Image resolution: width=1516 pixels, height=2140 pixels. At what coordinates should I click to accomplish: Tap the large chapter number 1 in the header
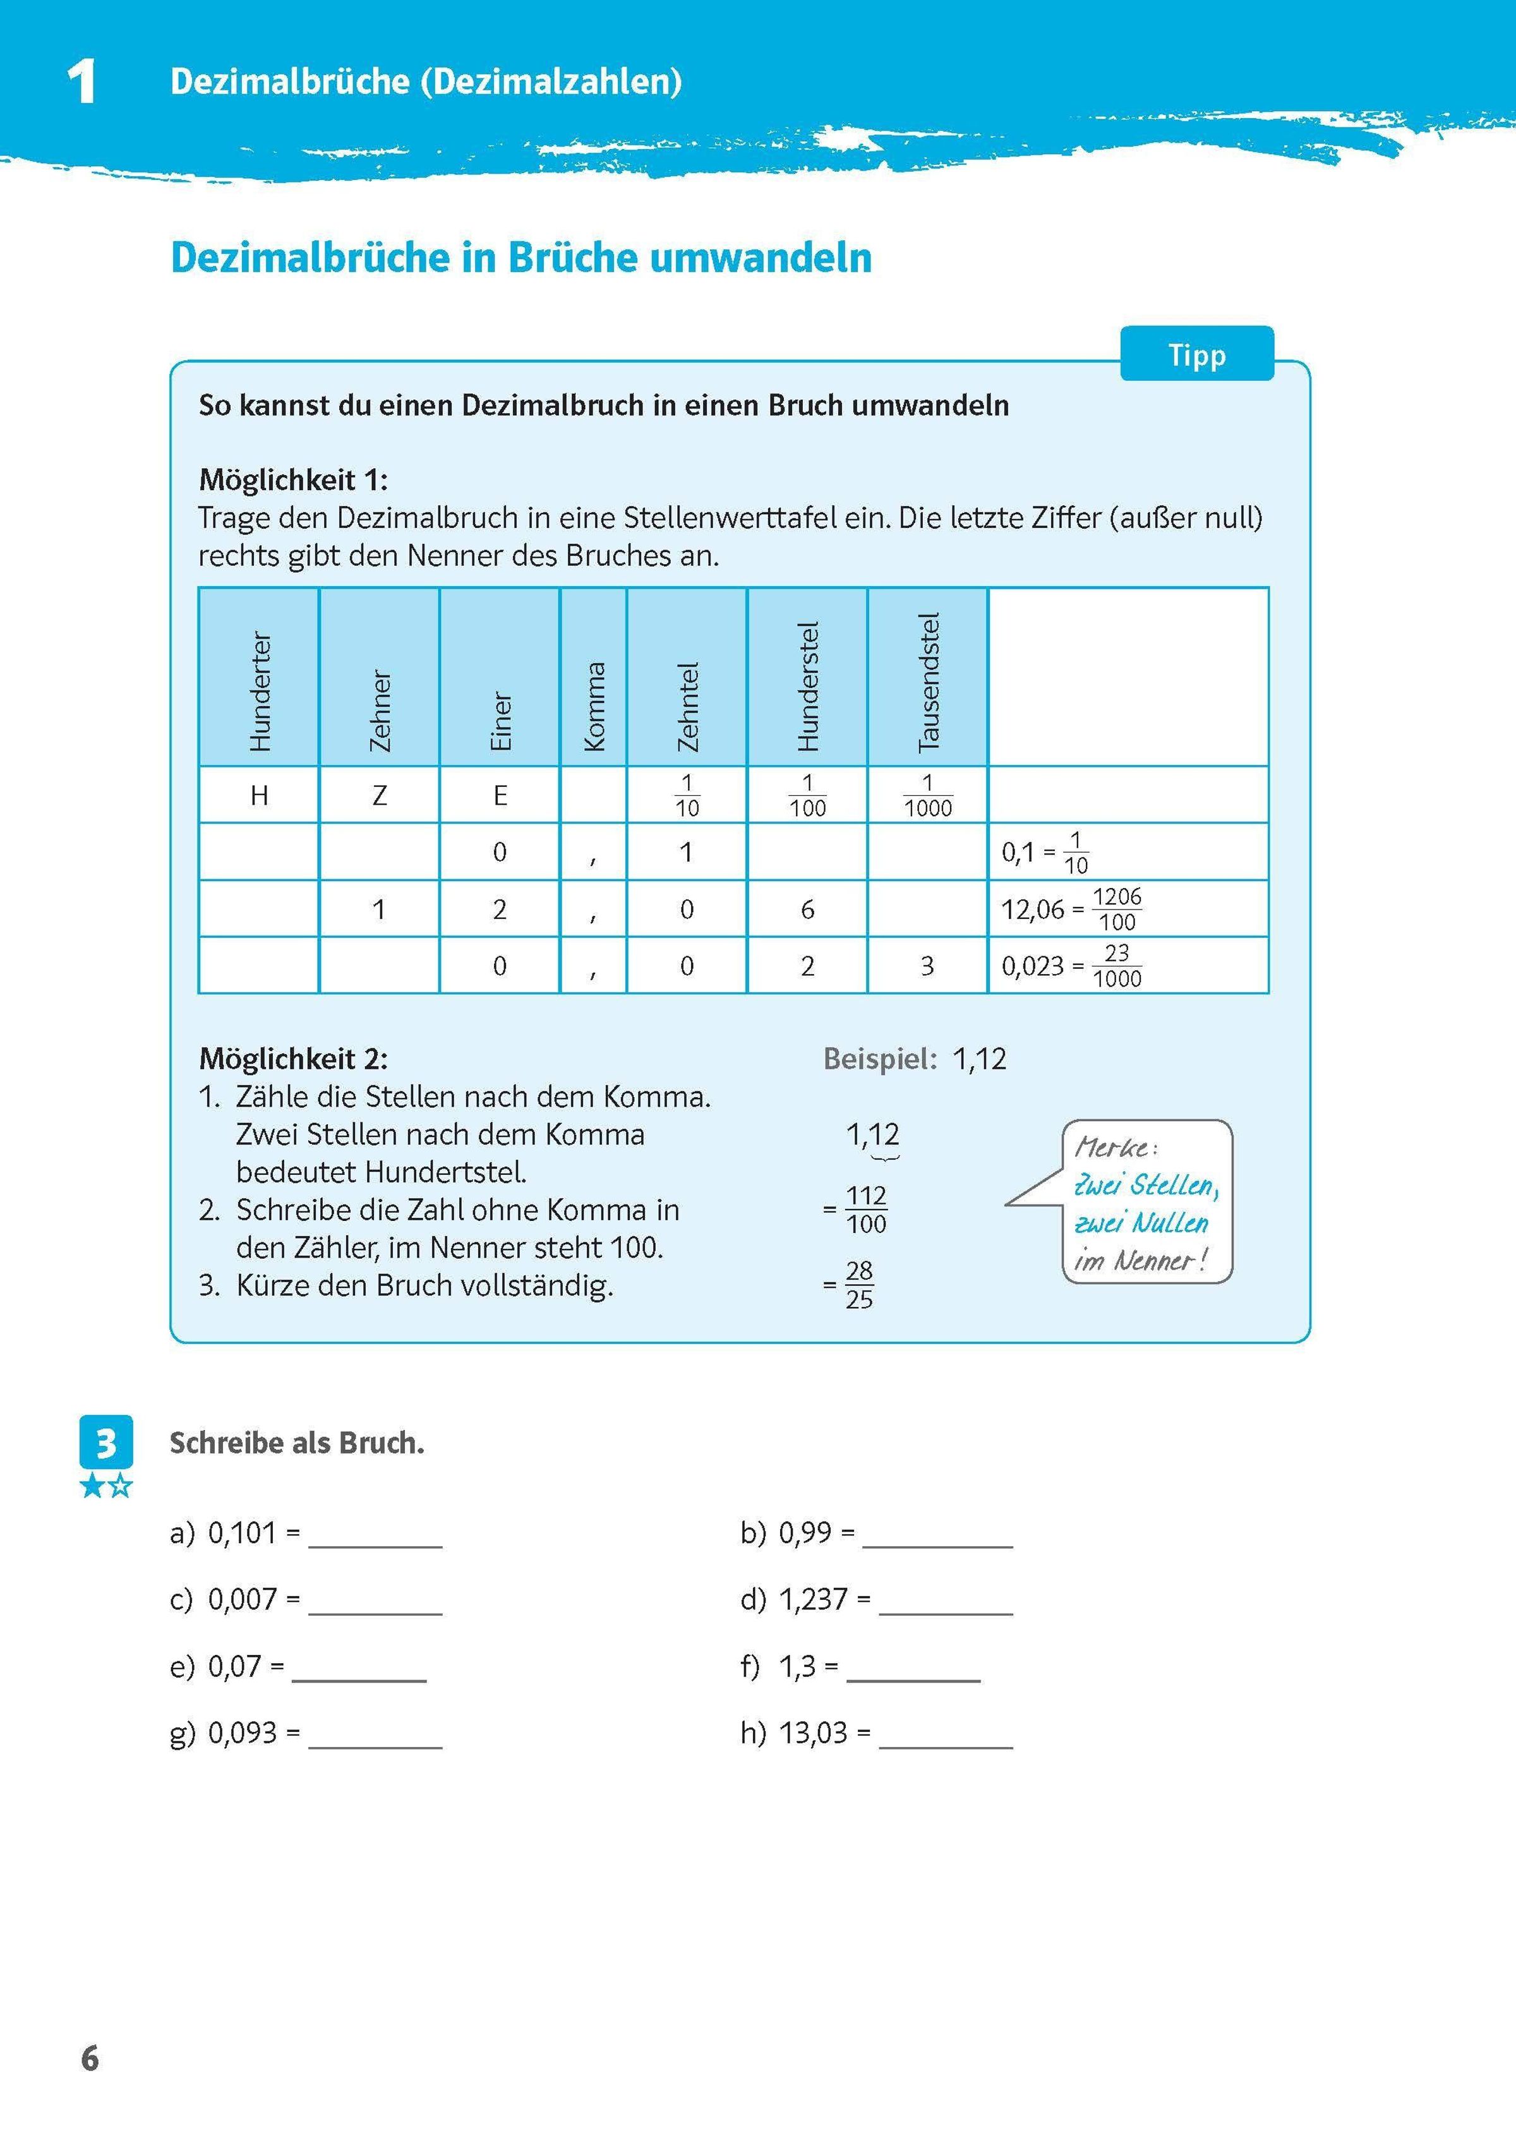click(x=82, y=82)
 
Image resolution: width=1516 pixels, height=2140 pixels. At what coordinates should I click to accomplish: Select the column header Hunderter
click(x=260, y=690)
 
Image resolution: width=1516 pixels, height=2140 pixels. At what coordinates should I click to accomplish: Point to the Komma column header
click(x=594, y=706)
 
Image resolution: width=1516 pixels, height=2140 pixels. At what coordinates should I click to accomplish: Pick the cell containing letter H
click(x=260, y=795)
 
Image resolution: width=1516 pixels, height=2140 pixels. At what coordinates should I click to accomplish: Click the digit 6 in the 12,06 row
click(x=807, y=909)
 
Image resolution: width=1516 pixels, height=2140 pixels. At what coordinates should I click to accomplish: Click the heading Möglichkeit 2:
click(x=293, y=1059)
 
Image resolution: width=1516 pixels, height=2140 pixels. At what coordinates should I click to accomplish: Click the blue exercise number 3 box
click(x=106, y=1443)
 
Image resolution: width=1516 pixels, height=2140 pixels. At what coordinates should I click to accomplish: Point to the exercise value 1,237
click(x=813, y=1600)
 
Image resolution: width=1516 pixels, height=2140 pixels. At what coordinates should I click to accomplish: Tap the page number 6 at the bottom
click(x=90, y=2058)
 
